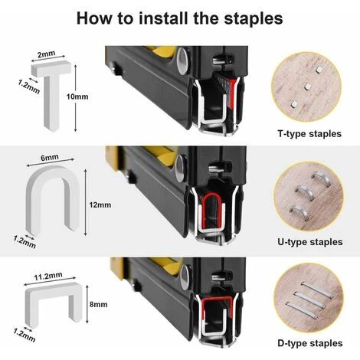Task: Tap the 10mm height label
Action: (77, 97)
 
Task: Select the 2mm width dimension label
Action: (46, 54)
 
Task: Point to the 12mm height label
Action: (100, 205)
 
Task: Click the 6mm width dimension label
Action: (50, 158)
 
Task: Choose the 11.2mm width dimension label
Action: (48, 277)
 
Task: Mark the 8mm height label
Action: (98, 304)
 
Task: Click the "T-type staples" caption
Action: (309, 134)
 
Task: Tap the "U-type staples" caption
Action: (310, 242)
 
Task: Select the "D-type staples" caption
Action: (310, 343)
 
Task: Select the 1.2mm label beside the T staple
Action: (29, 87)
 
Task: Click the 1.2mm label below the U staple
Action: (25, 242)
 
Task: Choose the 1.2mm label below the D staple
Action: (25, 335)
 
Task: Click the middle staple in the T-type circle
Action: (307, 87)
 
